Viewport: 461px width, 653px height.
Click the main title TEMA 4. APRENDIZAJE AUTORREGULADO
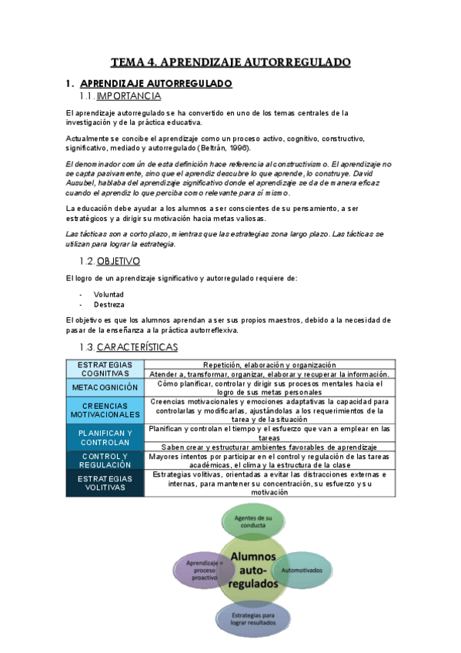click(230, 62)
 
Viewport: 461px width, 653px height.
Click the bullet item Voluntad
click(109, 294)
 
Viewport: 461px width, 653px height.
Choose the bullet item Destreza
click(109, 304)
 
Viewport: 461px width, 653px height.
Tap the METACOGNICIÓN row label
click(105, 387)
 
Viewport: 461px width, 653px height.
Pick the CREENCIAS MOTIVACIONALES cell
click(105, 410)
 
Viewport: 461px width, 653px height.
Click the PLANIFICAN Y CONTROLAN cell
click(105, 437)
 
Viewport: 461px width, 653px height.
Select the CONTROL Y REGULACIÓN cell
click(105, 460)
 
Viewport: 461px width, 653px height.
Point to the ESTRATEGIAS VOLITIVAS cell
click(105, 483)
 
